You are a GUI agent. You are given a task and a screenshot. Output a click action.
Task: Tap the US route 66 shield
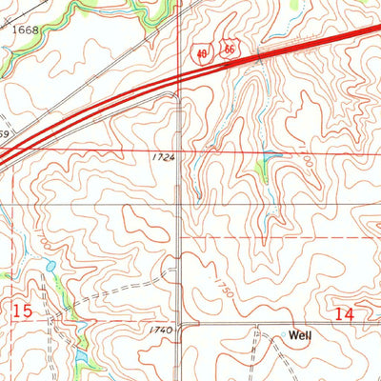pos(230,48)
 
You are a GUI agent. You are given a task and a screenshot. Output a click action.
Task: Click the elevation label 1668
pos(26,30)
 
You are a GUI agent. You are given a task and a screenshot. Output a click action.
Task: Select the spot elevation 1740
pos(160,330)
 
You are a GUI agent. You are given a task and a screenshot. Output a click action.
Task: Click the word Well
pos(302,335)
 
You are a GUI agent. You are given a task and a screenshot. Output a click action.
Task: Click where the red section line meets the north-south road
pos(181,150)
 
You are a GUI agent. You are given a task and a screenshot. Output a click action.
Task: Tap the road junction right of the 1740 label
pos(181,324)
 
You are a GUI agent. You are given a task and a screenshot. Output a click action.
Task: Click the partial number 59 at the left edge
pos(5,134)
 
